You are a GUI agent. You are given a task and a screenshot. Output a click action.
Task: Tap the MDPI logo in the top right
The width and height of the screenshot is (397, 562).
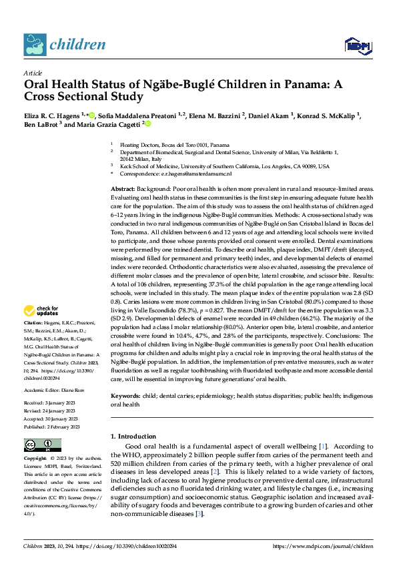[356, 45]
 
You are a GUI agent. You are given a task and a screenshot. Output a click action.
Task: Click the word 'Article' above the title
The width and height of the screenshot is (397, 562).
[33, 73]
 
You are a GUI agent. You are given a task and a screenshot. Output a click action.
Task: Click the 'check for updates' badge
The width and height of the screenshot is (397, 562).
[41, 310]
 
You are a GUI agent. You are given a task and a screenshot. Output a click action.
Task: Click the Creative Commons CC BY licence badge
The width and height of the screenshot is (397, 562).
[43, 445]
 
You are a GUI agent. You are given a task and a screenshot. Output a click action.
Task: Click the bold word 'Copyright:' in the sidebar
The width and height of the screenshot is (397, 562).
[36, 459]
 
